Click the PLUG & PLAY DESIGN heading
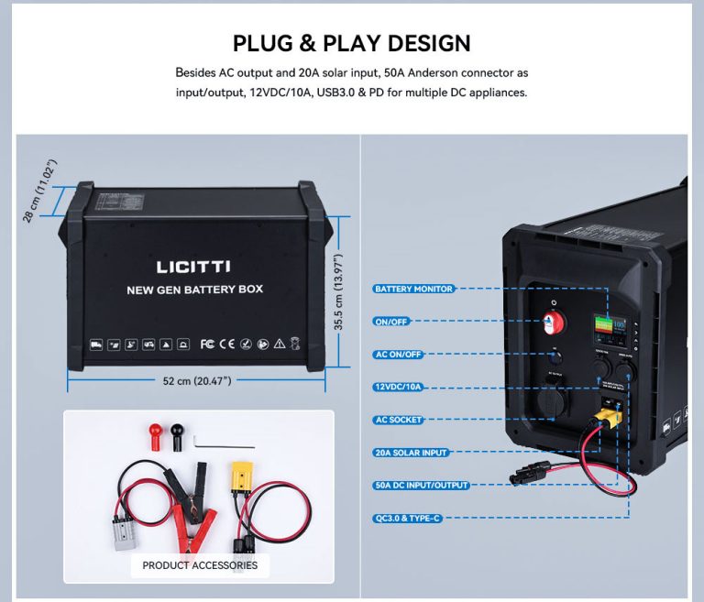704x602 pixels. coord(351,43)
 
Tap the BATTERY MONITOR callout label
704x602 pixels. coord(413,289)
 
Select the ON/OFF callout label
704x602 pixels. coord(392,322)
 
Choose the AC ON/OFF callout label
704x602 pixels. coord(398,355)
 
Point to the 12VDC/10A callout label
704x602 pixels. coord(399,387)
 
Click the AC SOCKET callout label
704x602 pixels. coord(398,420)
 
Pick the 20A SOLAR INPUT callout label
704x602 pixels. coord(410,453)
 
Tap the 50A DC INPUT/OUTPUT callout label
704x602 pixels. coord(421,485)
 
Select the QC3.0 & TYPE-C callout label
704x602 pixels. coord(409,518)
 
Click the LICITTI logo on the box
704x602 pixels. coord(193,267)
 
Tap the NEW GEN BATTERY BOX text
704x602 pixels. coord(194,290)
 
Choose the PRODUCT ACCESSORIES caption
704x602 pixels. coord(200,564)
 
